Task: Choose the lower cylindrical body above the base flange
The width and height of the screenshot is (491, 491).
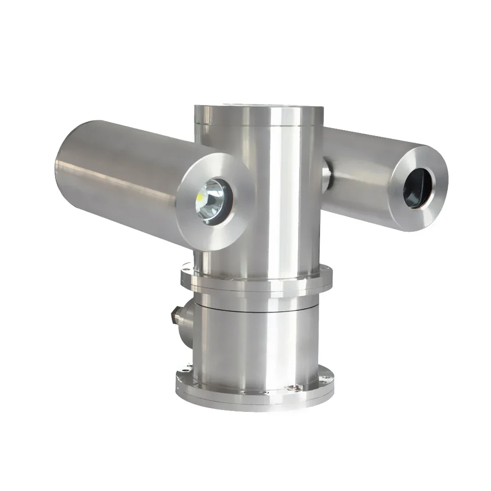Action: (255, 344)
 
